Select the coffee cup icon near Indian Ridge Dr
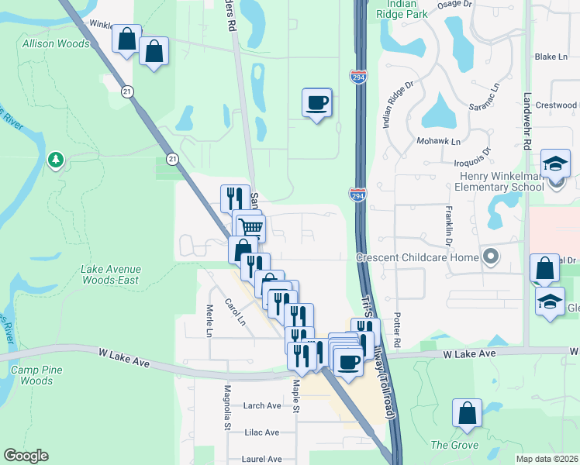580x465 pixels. tap(316, 103)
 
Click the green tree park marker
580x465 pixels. tap(55, 160)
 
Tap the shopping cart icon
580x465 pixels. tap(250, 228)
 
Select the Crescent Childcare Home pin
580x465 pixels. tap(489, 256)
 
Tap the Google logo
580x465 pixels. tap(26, 456)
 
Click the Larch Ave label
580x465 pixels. tap(261, 405)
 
